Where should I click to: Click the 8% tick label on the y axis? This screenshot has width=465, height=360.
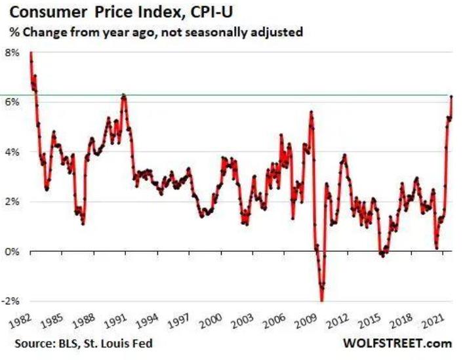pyautogui.click(x=13, y=52)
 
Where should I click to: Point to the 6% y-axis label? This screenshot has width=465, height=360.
pyautogui.click(x=13, y=102)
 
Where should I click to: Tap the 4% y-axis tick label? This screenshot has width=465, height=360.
pyautogui.click(x=13, y=152)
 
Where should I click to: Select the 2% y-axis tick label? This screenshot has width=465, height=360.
pyautogui.click(x=13, y=202)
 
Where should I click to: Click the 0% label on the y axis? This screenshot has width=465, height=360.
pyautogui.click(x=13, y=252)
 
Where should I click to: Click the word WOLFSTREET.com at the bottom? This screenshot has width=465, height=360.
pyautogui.click(x=397, y=344)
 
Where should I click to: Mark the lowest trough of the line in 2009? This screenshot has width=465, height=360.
pyautogui.click(x=321, y=300)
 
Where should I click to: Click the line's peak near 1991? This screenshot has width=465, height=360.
pyautogui.click(x=124, y=96)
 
